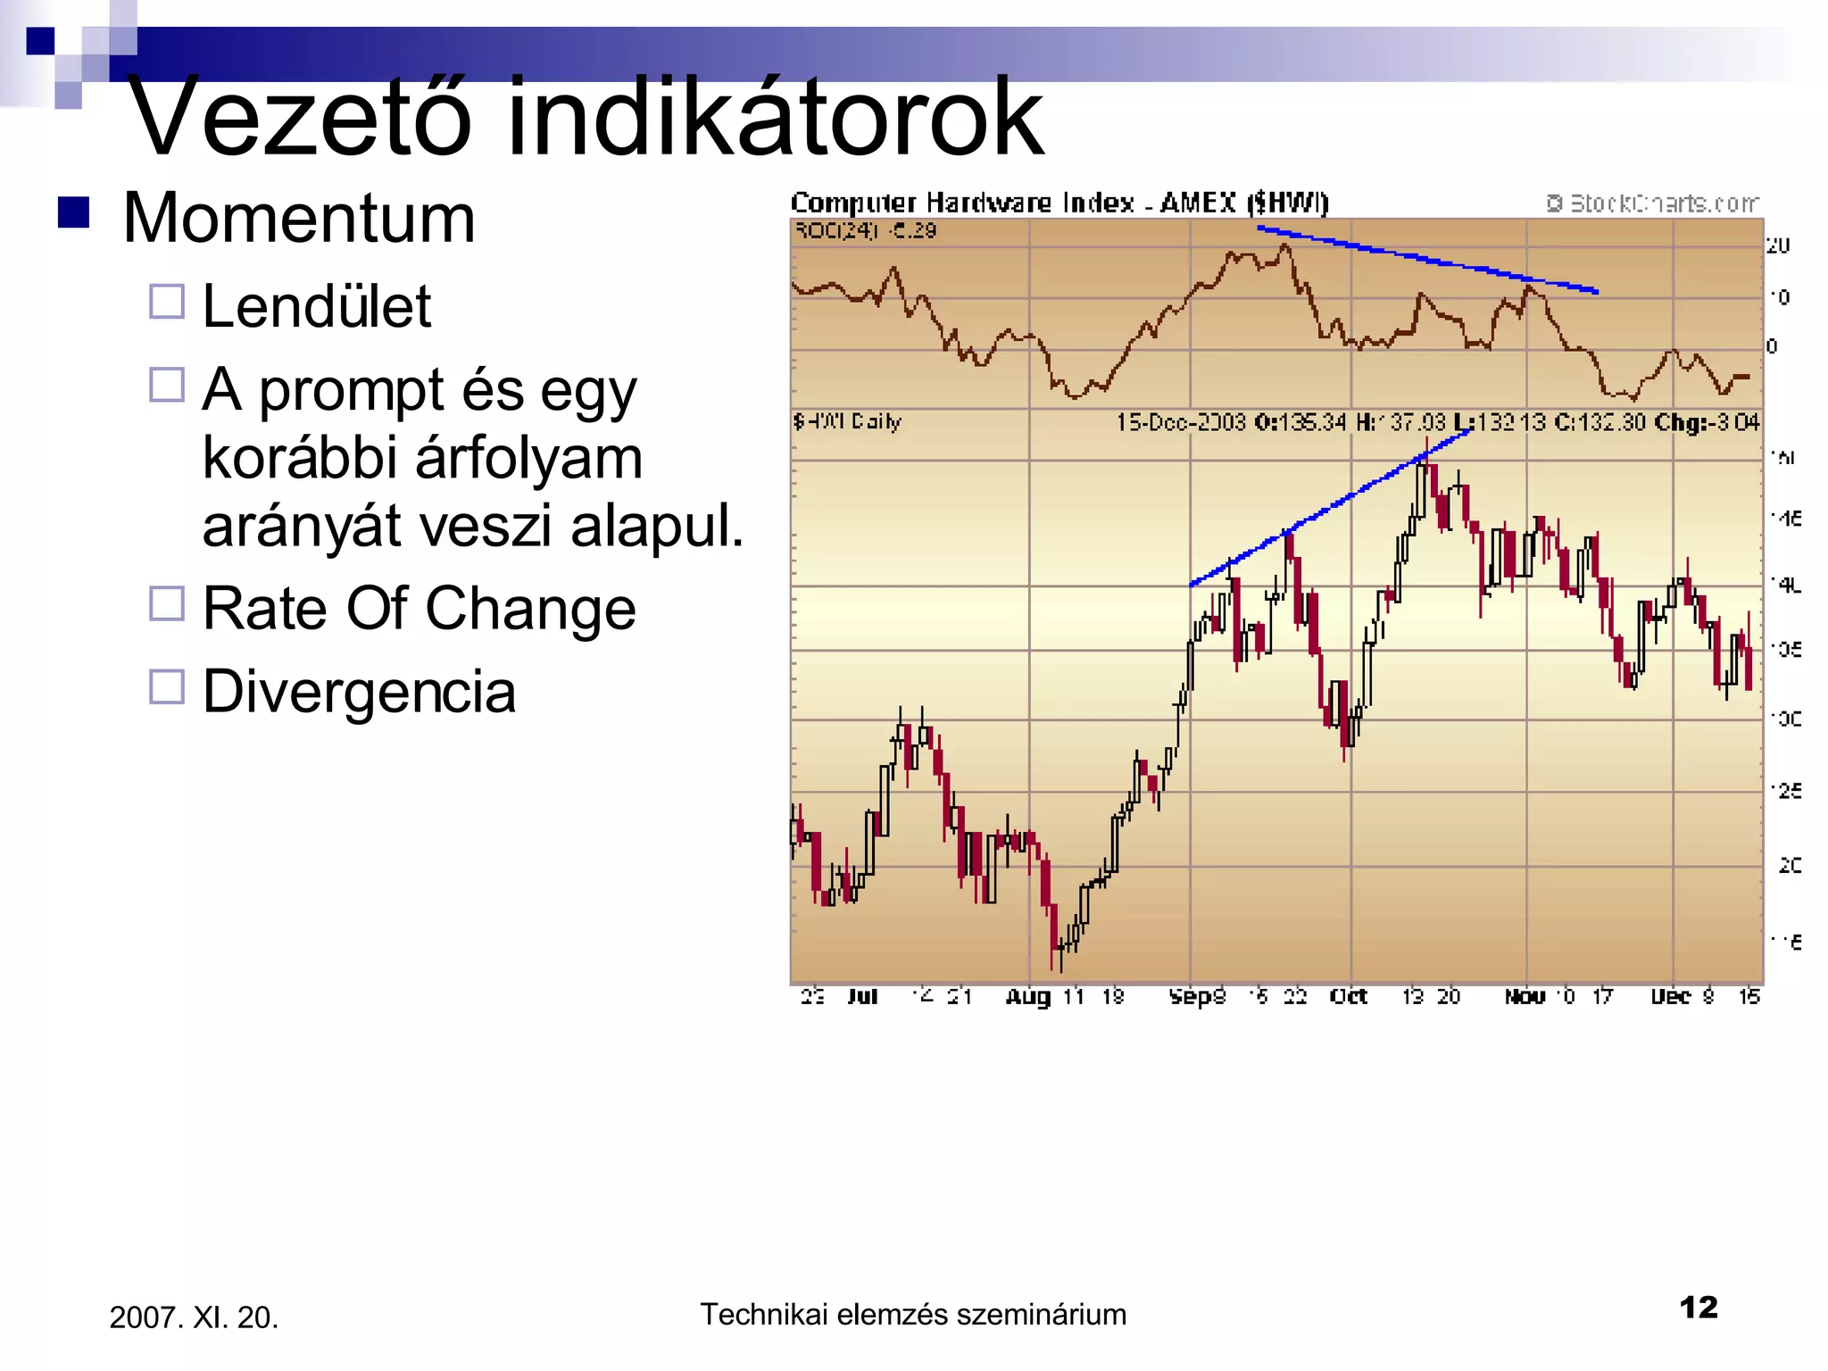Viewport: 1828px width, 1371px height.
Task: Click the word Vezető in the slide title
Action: pyautogui.click(x=299, y=116)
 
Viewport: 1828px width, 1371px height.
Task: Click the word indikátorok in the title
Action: pyautogui.click(x=775, y=116)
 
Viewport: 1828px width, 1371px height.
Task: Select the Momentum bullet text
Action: pyautogui.click(x=299, y=219)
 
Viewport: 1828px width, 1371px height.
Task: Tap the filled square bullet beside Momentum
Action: pyautogui.click(x=73, y=212)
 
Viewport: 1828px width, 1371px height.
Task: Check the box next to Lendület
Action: pyautogui.click(x=167, y=302)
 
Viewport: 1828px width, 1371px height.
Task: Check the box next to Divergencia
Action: pyautogui.click(x=167, y=687)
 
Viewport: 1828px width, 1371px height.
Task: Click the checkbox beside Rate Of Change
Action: pyautogui.click(x=167, y=604)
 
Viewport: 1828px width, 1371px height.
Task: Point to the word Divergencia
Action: pyautogui.click(x=359, y=692)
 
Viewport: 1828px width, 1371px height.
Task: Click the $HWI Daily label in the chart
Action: pyautogui.click(x=847, y=421)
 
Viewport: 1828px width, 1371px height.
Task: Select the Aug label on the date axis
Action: pyautogui.click(x=1027, y=996)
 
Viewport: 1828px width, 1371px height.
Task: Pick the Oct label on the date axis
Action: pyautogui.click(x=1348, y=996)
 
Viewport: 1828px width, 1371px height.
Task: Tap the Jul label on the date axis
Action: pyautogui.click(x=862, y=996)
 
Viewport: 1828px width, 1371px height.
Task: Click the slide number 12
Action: pyautogui.click(x=1698, y=1308)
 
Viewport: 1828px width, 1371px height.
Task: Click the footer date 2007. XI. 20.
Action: pyautogui.click(x=194, y=1317)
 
